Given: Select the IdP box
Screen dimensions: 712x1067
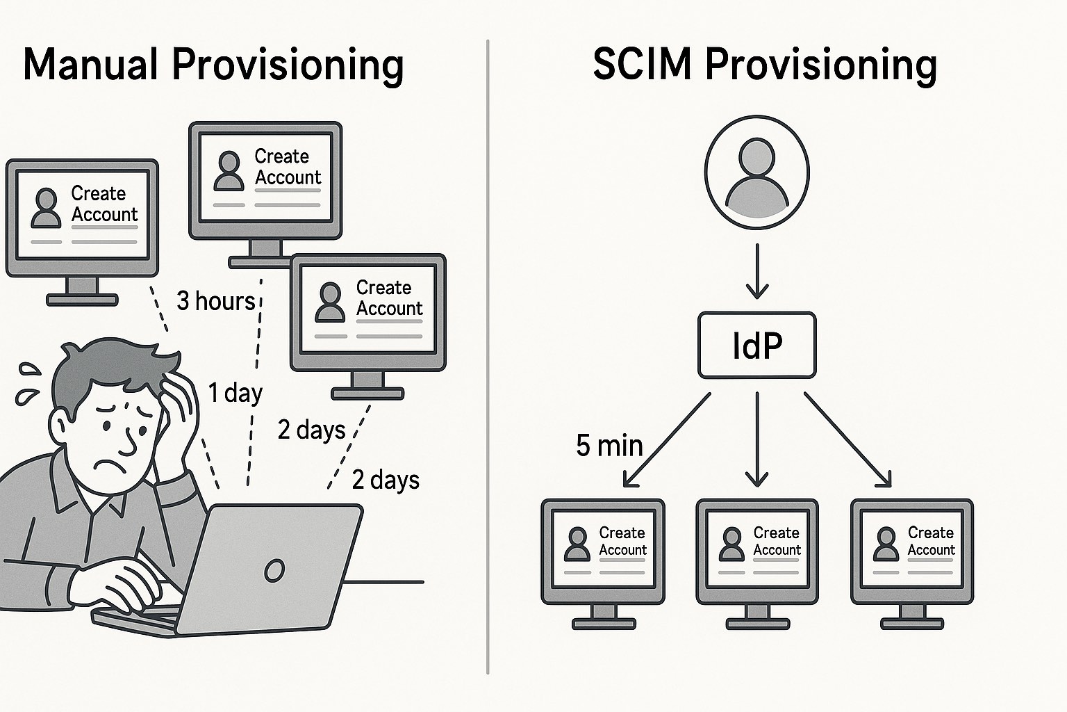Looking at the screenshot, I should click(x=756, y=346).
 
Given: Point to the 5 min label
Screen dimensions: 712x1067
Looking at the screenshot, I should click(x=609, y=446).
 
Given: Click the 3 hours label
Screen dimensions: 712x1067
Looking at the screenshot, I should click(x=216, y=301).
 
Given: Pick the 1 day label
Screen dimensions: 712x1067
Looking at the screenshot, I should click(x=235, y=394).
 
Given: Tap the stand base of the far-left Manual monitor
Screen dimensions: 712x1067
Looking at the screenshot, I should click(x=82, y=300).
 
